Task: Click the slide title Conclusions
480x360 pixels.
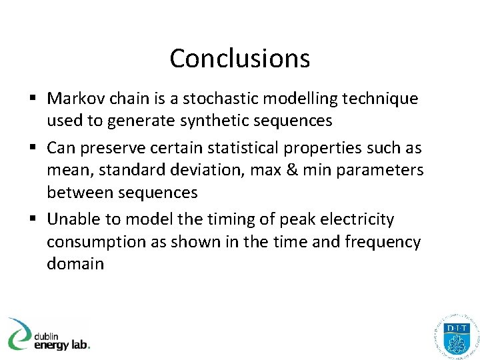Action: (239, 59)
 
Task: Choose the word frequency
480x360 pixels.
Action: (382, 241)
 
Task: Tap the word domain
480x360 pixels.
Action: (75, 263)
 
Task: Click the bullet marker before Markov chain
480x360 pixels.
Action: (33, 99)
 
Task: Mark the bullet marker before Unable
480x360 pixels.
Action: (33, 220)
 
